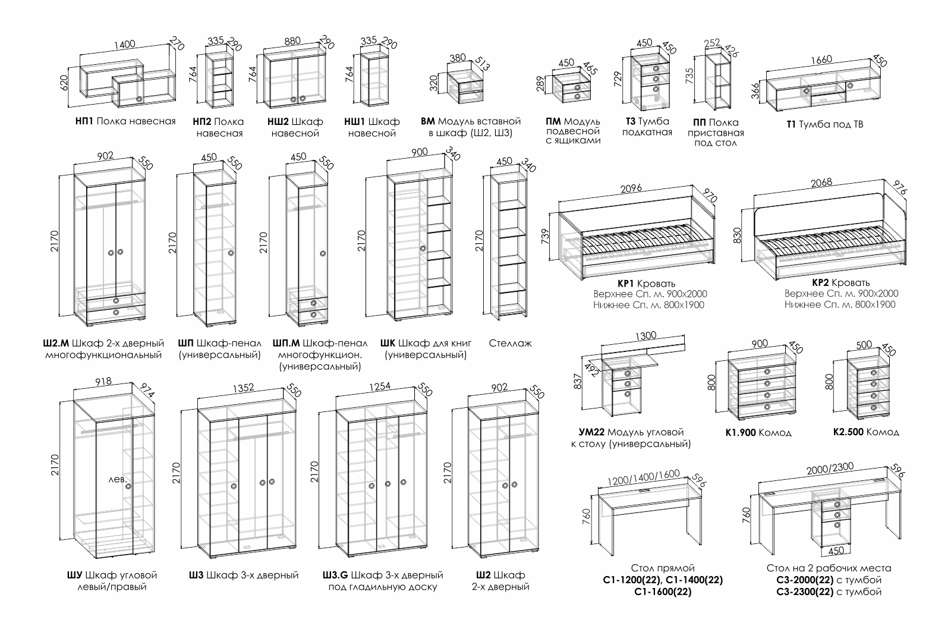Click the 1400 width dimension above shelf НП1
pyautogui.click(x=124, y=43)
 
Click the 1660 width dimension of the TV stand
pyautogui.click(x=821, y=59)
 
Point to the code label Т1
pyautogui.click(x=791, y=124)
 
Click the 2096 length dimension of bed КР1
pyautogui.click(x=629, y=190)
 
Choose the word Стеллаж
pyautogui.click(x=510, y=343)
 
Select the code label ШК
pyautogui.click(x=387, y=343)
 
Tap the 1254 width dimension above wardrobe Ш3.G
pyautogui.click(x=380, y=386)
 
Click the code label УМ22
pyautogui.click(x=591, y=432)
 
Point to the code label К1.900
pyautogui.click(x=739, y=432)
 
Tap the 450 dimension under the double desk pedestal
pyautogui.click(x=836, y=551)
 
